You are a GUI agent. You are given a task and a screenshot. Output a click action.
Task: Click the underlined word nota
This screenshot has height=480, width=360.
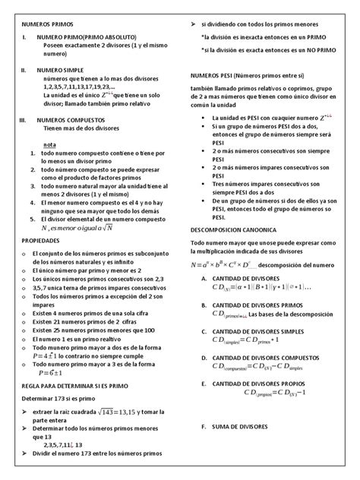pos(49,144)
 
